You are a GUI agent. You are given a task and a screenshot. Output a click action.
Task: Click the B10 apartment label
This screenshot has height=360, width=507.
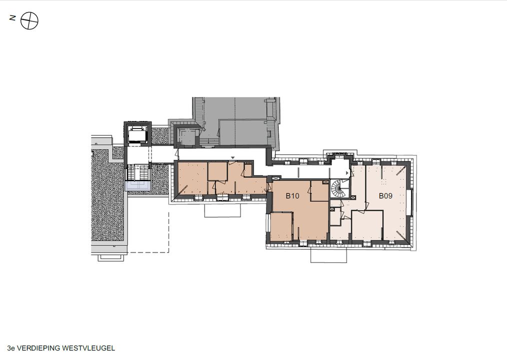(292, 195)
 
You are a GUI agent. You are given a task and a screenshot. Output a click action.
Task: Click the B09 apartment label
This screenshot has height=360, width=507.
(385, 195)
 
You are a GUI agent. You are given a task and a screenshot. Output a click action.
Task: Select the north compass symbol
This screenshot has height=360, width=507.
(29, 21)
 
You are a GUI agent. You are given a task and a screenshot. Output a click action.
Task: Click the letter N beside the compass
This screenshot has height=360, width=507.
(12, 18)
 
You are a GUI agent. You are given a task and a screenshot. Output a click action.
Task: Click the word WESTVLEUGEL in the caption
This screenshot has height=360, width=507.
(88, 348)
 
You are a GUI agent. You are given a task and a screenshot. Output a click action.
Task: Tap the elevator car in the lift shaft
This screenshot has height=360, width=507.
(138, 134)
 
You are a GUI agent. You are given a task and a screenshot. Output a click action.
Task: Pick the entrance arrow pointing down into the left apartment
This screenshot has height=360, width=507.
(232, 158)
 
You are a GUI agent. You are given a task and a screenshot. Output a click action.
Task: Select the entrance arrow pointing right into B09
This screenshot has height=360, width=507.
(347, 173)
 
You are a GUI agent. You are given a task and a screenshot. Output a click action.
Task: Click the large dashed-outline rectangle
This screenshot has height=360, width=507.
(148, 232)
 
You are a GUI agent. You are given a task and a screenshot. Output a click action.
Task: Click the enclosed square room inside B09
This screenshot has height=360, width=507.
(367, 225)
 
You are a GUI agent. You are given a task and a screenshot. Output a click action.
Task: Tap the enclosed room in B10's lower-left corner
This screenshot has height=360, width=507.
(281, 226)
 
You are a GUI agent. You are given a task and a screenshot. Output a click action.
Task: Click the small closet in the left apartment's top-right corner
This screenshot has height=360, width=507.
(248, 170)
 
